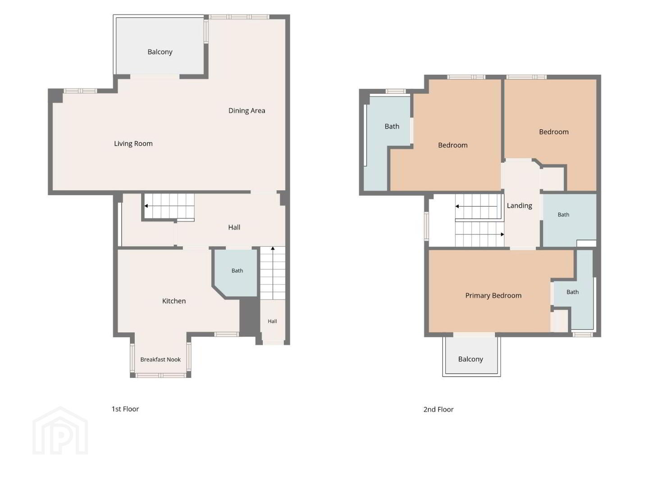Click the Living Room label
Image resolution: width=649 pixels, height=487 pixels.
pyautogui.click(x=133, y=144)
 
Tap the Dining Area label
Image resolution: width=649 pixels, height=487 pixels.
pyautogui.click(x=247, y=111)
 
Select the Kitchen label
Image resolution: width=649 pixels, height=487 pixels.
pyautogui.click(x=174, y=301)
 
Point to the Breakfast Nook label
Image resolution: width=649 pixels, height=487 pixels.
pyautogui.click(x=160, y=359)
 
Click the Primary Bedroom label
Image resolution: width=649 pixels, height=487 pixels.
pyautogui.click(x=493, y=296)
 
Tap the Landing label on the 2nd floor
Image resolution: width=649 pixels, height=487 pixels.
pyautogui.click(x=519, y=206)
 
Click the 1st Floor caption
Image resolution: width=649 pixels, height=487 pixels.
pyautogui.click(x=125, y=409)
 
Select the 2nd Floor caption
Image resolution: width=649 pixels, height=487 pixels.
pyautogui.click(x=438, y=409)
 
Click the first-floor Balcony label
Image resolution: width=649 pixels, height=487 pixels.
pyautogui.click(x=160, y=52)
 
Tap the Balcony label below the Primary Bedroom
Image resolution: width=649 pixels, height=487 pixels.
pyautogui.click(x=471, y=359)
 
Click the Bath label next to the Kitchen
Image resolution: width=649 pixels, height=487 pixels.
pyautogui.click(x=237, y=271)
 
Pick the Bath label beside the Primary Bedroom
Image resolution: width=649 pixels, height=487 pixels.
pyautogui.click(x=572, y=292)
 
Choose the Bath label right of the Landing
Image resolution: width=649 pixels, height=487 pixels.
pyautogui.click(x=563, y=215)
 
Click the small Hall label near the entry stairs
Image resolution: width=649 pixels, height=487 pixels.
pyautogui.click(x=272, y=321)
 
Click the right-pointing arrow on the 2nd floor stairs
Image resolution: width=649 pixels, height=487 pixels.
pyautogui.click(x=480, y=234)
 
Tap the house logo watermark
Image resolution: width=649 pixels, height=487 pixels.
pyautogui.click(x=60, y=431)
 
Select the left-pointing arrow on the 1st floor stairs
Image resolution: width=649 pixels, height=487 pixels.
pyautogui.click(x=169, y=206)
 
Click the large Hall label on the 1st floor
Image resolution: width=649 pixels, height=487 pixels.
pyautogui.click(x=234, y=227)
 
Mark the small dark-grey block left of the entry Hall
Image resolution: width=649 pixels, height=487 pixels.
pyautogui.click(x=249, y=317)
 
